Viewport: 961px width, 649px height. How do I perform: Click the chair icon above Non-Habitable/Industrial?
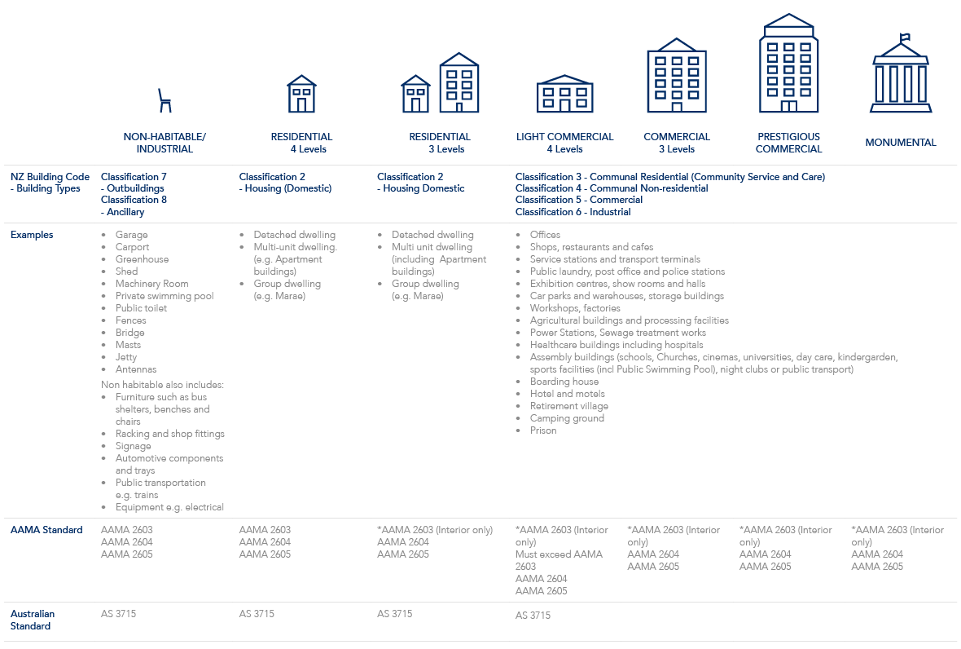tap(165, 100)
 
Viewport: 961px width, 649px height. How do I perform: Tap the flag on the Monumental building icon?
tap(905, 38)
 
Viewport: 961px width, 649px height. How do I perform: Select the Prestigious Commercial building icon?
tap(789, 63)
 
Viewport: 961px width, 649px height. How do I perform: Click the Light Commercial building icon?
tap(564, 94)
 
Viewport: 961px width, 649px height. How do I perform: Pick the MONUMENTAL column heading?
tap(900, 143)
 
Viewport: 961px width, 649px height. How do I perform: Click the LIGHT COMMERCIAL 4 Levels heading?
tap(564, 143)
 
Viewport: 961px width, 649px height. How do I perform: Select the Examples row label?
tap(32, 234)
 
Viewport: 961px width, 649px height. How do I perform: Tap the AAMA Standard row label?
tap(46, 529)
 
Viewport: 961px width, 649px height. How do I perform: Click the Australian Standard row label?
tap(33, 620)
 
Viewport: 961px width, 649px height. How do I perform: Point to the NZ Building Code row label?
tap(50, 182)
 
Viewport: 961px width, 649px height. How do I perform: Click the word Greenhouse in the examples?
tap(143, 258)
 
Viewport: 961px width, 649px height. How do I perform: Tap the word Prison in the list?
tap(543, 430)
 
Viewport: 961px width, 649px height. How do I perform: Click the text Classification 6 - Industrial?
tap(573, 212)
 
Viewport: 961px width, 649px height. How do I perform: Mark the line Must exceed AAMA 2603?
tap(559, 560)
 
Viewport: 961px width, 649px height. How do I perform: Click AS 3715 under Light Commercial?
tap(533, 615)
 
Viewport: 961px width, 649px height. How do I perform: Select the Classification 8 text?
tap(134, 200)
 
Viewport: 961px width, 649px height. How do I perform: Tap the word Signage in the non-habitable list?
tap(133, 446)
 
